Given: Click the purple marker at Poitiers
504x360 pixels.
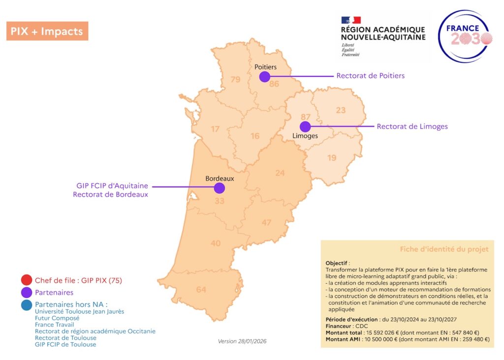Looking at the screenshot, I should (265, 76).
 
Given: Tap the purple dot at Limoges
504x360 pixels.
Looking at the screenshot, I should (305, 126).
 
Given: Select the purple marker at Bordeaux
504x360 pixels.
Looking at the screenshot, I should (220, 188).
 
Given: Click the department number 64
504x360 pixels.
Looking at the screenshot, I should (201, 290).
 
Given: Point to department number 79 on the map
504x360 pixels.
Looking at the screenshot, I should (235, 79).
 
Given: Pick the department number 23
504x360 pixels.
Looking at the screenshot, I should (341, 110).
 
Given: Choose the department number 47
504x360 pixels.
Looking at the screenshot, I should (266, 223).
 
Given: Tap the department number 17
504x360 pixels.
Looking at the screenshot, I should (215, 129).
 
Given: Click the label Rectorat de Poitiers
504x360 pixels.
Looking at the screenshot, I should (370, 76).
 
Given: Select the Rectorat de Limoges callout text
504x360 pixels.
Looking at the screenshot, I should (412, 127).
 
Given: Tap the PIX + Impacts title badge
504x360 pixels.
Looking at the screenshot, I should (47, 31).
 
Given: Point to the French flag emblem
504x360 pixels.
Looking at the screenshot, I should (351, 20).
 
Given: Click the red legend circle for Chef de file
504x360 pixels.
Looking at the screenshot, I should (27, 280).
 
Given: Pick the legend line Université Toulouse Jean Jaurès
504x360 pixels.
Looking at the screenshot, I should (79, 311).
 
